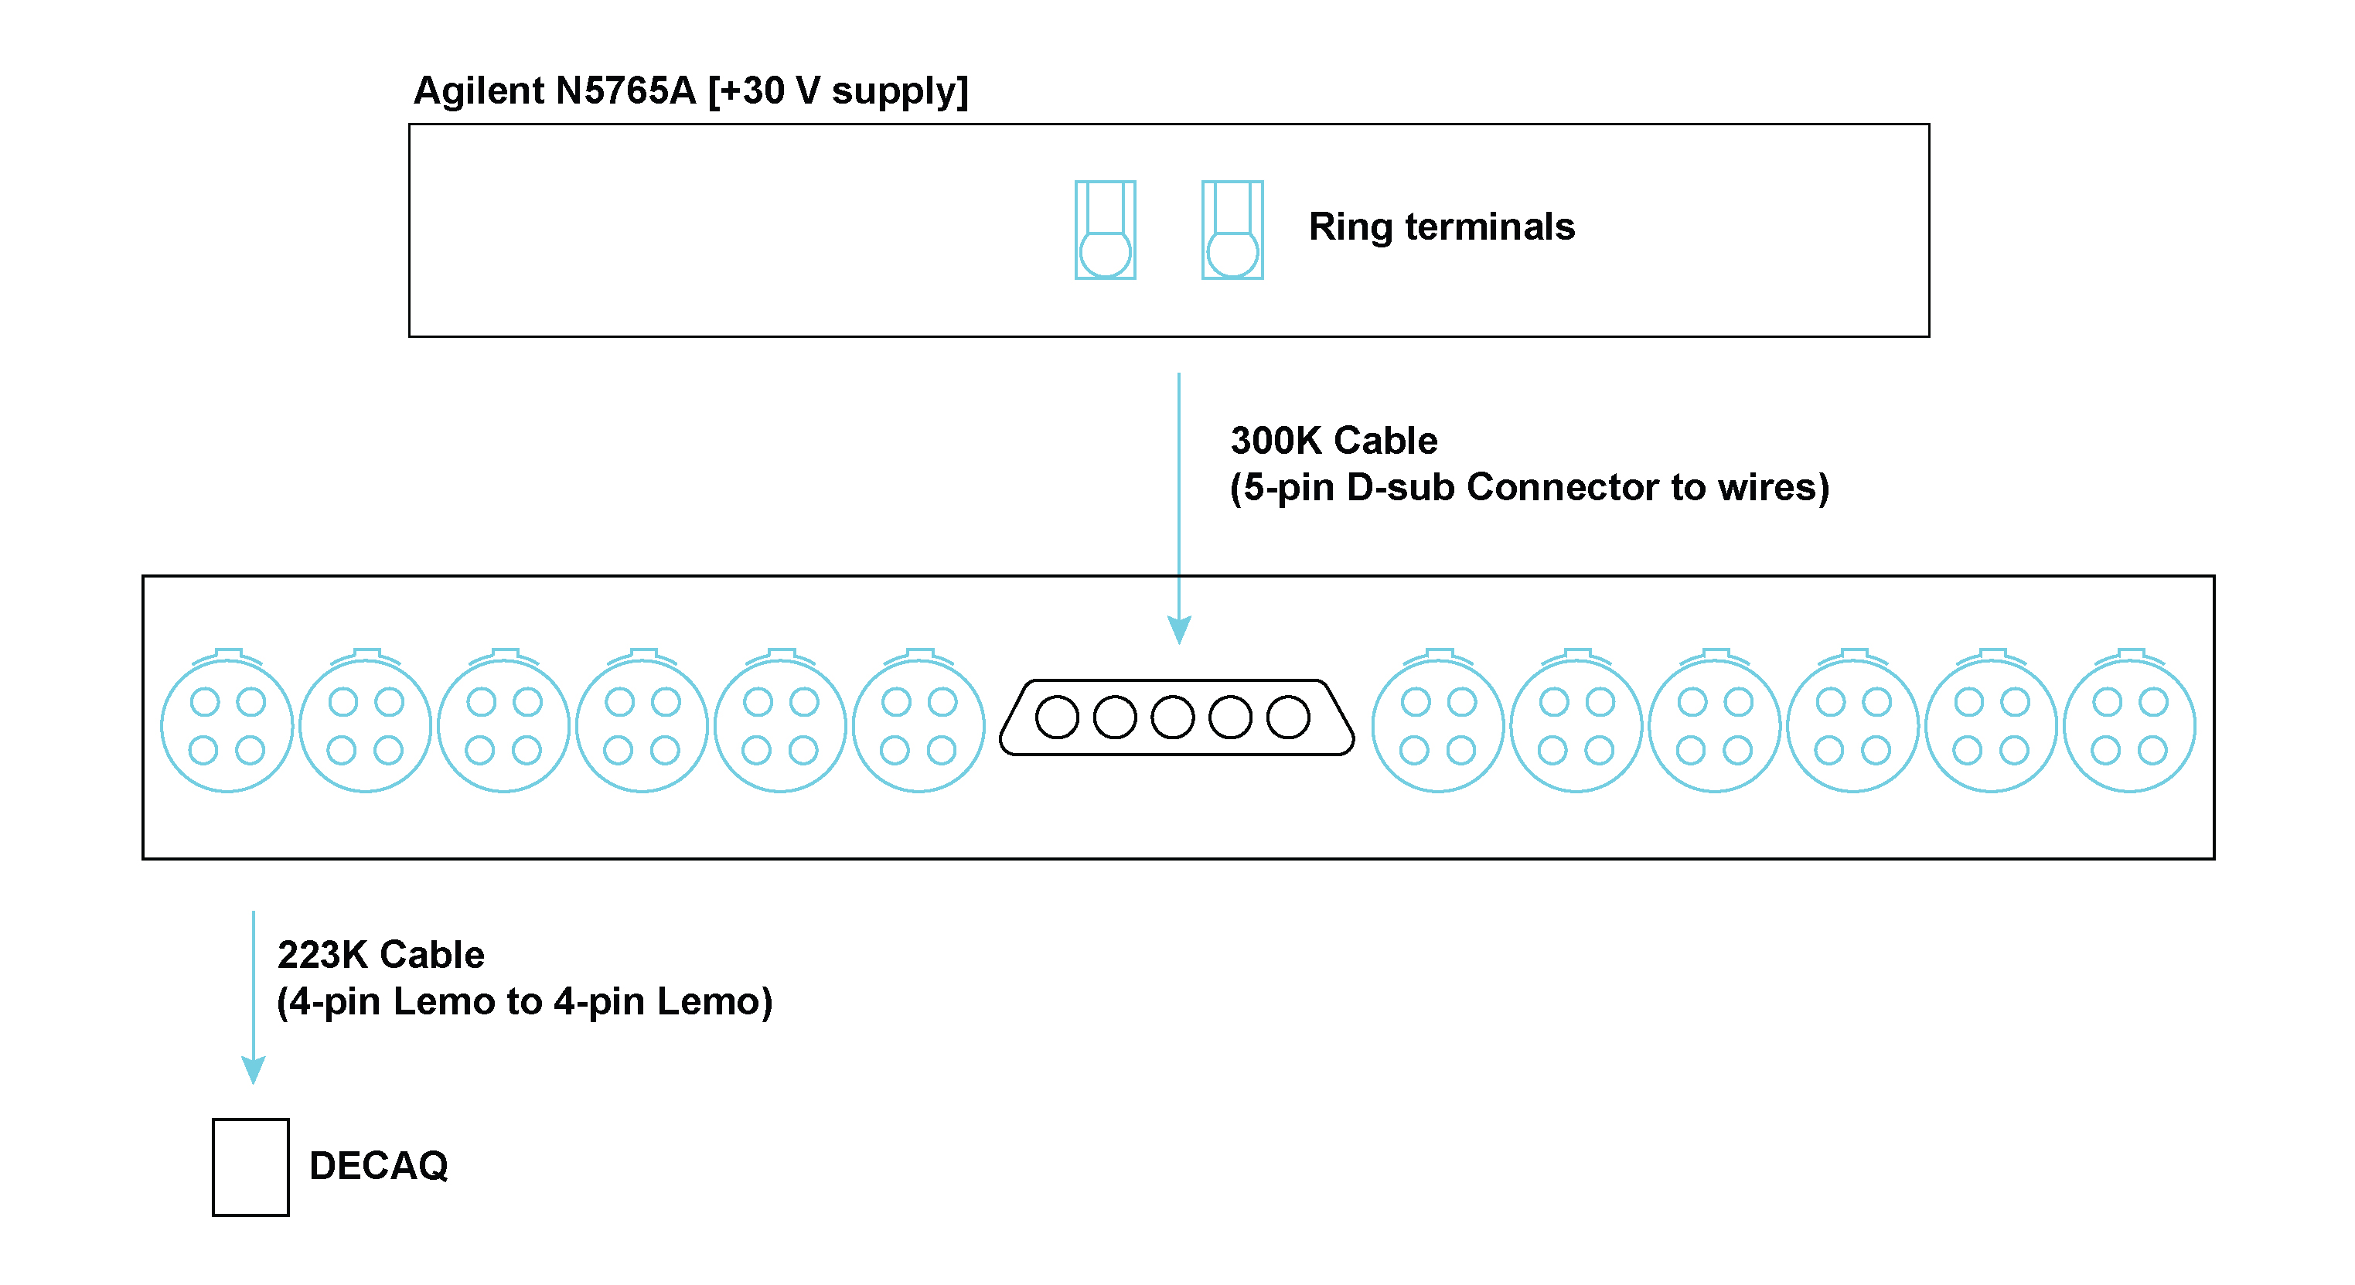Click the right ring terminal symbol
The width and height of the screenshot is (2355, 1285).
click(1232, 230)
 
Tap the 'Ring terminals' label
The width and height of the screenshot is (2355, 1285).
click(1441, 227)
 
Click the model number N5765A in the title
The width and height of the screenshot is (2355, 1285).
click(625, 91)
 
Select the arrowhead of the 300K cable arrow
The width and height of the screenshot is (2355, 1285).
click(1178, 629)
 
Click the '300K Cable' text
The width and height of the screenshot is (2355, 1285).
click(1333, 441)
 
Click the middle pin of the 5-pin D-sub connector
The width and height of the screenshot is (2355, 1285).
click(1172, 717)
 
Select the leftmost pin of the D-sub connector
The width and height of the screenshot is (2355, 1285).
click(1057, 717)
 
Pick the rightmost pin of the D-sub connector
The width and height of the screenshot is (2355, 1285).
click(1287, 717)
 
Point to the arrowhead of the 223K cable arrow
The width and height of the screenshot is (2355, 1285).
click(254, 1069)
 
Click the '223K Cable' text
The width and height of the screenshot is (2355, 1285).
click(380, 955)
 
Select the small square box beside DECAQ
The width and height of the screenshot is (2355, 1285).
click(250, 1167)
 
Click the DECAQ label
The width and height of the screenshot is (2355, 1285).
click(379, 1166)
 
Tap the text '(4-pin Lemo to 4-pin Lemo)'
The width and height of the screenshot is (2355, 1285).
click(524, 1002)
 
